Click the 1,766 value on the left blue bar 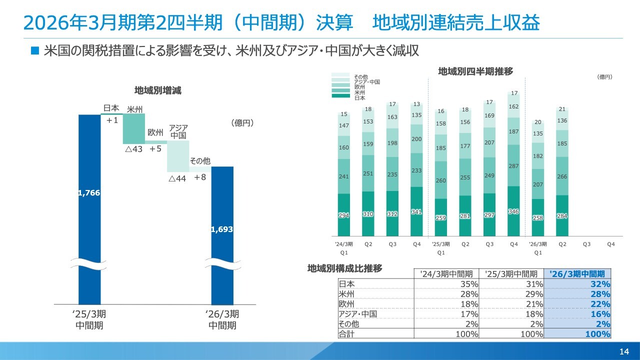point(89,193)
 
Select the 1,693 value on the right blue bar point(222,229)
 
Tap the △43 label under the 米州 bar point(133,149)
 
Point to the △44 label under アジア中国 point(177,178)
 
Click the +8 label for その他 point(200,177)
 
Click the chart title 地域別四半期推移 point(475,71)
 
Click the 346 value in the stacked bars point(513,212)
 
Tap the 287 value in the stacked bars point(513,166)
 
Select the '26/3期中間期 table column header point(577,273)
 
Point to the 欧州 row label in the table point(346,304)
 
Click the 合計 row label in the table point(346,334)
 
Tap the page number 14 point(623,351)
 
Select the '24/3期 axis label point(343,244)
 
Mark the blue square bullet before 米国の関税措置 point(34,50)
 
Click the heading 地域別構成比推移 point(344,268)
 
